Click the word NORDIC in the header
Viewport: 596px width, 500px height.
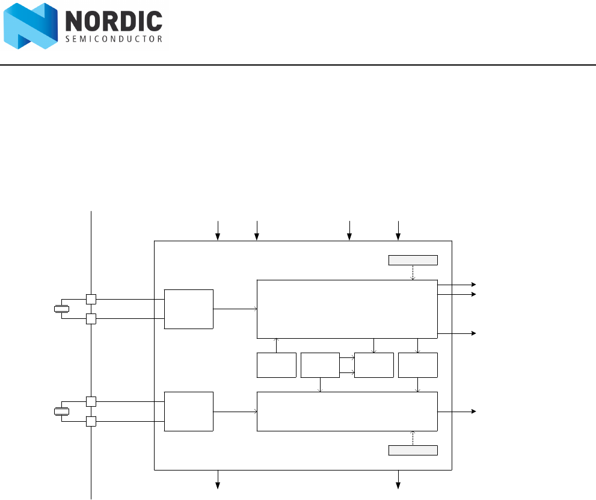[x=113, y=22]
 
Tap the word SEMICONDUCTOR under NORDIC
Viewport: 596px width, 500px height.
[x=113, y=40]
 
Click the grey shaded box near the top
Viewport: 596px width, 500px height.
[x=413, y=260]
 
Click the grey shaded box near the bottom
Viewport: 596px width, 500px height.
[x=413, y=451]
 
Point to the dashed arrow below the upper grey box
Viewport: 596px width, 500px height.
[x=413, y=273]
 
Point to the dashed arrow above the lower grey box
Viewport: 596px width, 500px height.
[x=413, y=438]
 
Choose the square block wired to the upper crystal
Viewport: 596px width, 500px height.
[x=188, y=309]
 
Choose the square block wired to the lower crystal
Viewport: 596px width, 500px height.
[x=188, y=412]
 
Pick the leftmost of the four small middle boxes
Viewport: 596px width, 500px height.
[x=277, y=365]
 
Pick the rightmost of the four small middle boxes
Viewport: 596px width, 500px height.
[x=418, y=365]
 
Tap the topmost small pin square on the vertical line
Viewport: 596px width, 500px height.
[x=91, y=299]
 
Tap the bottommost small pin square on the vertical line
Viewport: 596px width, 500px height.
[x=91, y=421]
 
